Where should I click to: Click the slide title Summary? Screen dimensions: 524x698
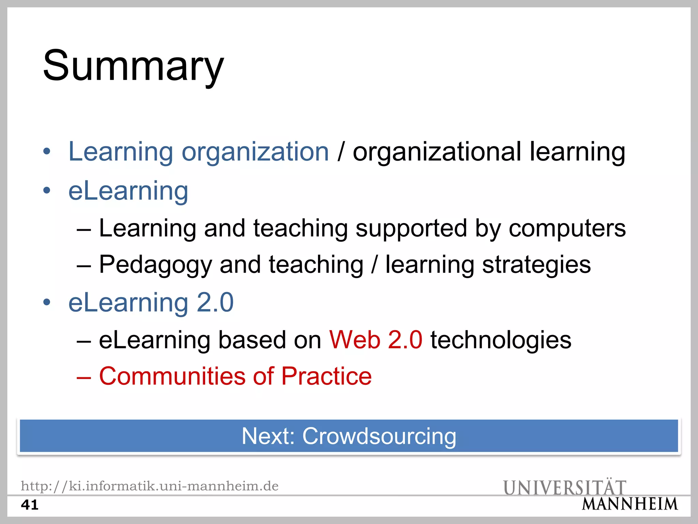[133, 65]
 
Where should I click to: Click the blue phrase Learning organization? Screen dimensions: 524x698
[199, 151]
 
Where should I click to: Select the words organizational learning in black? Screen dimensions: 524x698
[489, 151]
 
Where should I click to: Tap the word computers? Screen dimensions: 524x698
[567, 228]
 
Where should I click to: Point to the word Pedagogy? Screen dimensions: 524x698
[155, 265]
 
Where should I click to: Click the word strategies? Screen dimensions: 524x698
[536, 265]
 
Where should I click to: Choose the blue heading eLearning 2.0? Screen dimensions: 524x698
[151, 303]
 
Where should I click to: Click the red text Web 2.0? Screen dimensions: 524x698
[376, 340]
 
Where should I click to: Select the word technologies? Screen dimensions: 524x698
[501, 340]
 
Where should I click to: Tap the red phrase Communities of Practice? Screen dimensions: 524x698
[235, 376]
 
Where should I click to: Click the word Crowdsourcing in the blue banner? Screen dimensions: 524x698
[379, 436]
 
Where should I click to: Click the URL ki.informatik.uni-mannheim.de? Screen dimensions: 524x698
[150, 486]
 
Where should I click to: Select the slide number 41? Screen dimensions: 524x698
[30, 505]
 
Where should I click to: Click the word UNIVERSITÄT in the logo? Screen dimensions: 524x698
[564, 487]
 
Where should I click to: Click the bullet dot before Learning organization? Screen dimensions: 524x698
[47, 151]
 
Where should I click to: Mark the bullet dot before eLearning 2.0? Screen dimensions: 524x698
[47, 302]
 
